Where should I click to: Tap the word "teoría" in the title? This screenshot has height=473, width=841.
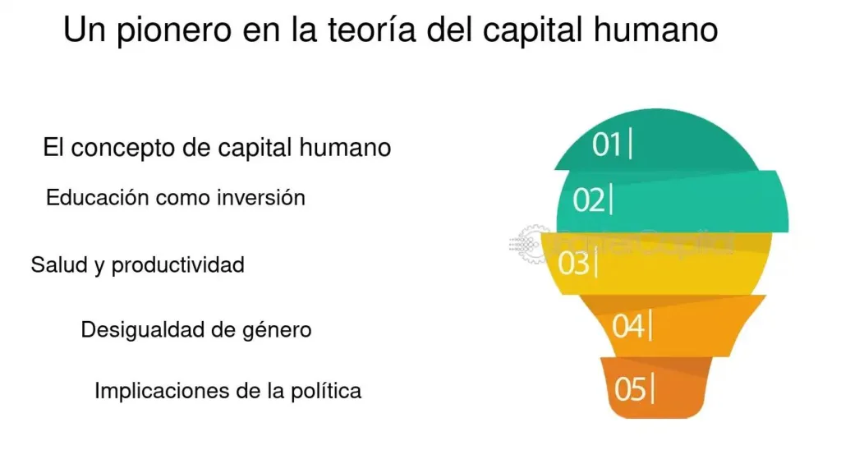(372, 29)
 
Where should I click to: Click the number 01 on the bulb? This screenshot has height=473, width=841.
(606, 145)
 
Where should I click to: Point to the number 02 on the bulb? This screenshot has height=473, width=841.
(588, 200)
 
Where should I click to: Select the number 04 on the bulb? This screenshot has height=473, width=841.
(628, 326)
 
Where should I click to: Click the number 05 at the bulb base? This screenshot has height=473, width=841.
(630, 388)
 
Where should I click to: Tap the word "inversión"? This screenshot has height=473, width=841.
(261, 197)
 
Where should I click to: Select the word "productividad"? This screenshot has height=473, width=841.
(178, 265)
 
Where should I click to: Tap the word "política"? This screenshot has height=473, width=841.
(325, 391)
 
